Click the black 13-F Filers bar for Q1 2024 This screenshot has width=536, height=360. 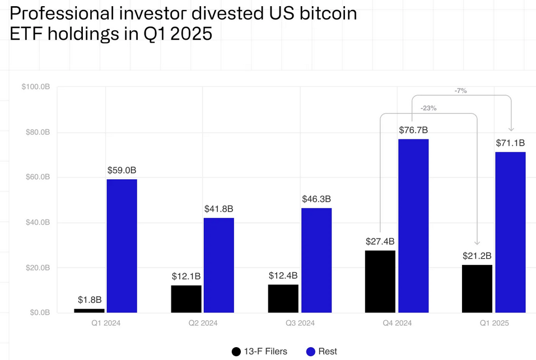click(89, 310)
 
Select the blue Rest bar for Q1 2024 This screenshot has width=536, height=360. click(122, 246)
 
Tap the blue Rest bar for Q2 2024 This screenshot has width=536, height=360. click(218, 265)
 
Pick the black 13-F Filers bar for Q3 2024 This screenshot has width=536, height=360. click(283, 298)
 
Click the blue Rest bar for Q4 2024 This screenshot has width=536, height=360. click(413, 226)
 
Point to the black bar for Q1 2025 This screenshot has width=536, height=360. click(477, 288)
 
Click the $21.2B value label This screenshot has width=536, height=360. click(477, 255)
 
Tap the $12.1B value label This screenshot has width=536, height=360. click(186, 276)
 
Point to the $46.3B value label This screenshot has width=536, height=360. click(316, 199)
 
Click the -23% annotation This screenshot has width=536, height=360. click(428, 108)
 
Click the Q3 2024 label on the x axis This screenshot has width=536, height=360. click(300, 322)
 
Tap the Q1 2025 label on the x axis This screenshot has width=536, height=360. click(493, 322)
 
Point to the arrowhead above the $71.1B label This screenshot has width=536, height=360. click(511, 128)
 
